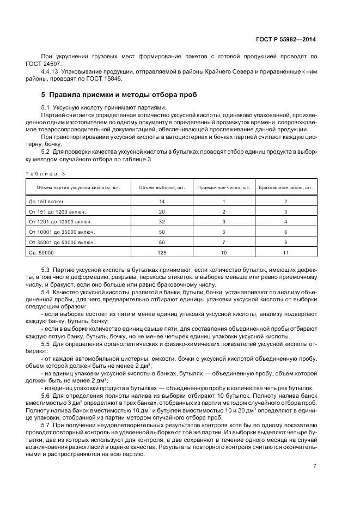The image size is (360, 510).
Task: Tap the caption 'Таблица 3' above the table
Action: coord(45,173)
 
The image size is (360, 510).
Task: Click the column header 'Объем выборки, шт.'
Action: coord(162,187)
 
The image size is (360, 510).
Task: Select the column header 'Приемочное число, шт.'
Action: coord(223,187)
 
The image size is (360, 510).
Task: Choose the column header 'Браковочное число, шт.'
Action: coord(286,187)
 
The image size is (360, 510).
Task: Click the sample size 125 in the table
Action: coord(162,253)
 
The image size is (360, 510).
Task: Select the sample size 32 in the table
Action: coord(162,222)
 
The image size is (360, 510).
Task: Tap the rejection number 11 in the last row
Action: coord(286,253)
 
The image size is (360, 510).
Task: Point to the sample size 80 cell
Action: coord(162,242)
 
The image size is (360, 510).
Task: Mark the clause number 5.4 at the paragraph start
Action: coord(46,293)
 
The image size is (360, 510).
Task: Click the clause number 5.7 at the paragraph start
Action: coord(46,423)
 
